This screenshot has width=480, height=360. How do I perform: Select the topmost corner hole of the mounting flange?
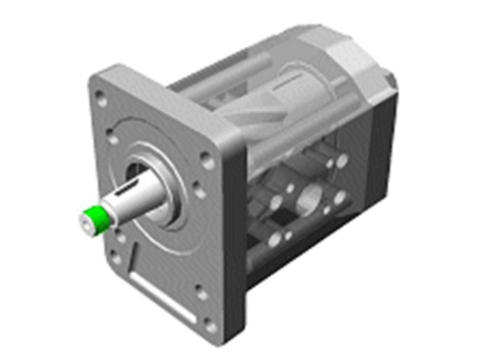pos(100,98)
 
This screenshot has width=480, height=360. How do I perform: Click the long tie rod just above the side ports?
pos(300,131)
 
